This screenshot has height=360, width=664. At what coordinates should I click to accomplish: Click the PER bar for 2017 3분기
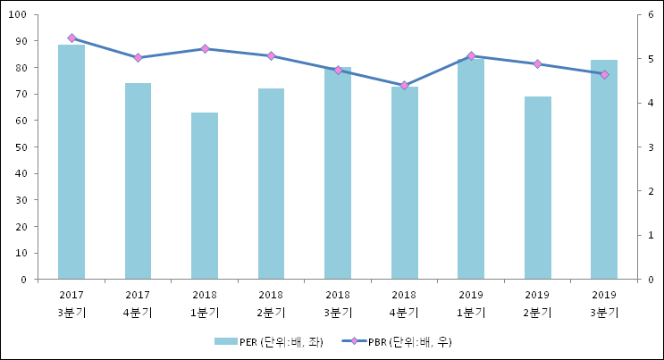pos(71,162)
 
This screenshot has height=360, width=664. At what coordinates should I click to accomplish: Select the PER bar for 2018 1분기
pos(205,196)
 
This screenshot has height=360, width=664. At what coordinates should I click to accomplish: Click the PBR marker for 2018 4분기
pos(404,86)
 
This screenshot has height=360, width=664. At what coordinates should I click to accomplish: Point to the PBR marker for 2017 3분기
pos(71,38)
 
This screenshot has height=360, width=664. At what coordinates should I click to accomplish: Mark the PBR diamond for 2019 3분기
pos(604,74)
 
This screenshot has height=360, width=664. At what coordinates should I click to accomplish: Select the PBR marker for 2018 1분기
pos(205,48)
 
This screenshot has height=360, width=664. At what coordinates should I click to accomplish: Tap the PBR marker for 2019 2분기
pos(537,64)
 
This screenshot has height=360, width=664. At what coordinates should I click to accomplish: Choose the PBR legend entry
pos(398,341)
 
